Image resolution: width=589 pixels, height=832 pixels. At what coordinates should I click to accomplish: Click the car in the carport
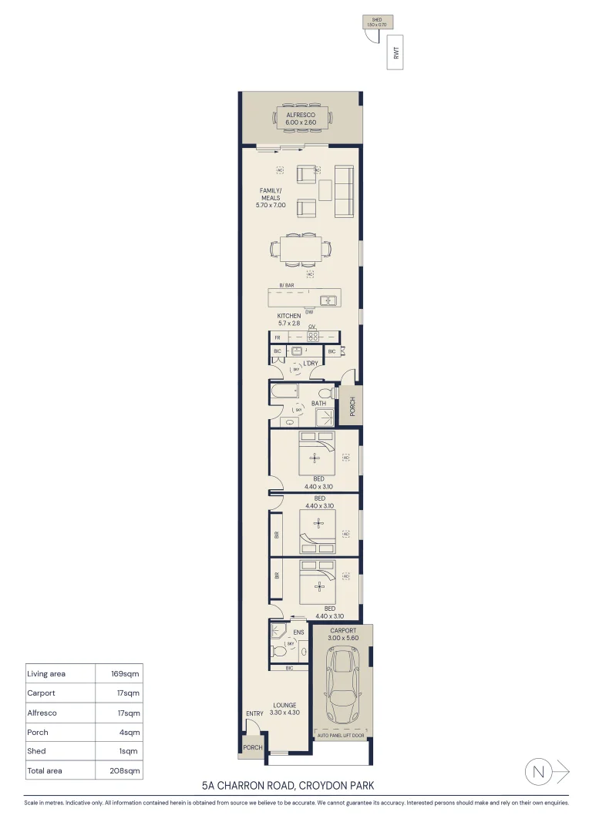click(343, 685)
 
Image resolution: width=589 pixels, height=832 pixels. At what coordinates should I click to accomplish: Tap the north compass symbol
click(540, 771)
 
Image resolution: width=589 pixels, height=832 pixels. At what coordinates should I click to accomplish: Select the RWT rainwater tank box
click(395, 52)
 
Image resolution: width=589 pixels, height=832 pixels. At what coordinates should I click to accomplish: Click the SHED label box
click(377, 22)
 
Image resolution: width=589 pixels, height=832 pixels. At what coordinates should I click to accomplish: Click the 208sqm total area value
click(122, 770)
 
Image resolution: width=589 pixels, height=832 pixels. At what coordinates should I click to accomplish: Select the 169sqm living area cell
click(122, 674)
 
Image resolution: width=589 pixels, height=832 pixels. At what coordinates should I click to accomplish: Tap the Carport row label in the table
click(41, 693)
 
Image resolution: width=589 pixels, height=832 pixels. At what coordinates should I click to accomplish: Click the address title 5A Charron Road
click(288, 786)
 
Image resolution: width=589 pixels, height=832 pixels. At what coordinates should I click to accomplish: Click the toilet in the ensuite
click(278, 652)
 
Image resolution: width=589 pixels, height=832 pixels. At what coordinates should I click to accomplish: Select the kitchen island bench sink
click(329, 300)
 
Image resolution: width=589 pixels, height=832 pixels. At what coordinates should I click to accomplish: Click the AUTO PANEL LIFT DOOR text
click(343, 736)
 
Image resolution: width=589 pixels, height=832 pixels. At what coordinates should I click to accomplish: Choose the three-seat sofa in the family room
click(343, 192)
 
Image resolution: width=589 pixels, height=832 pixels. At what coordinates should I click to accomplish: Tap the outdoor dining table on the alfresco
click(301, 119)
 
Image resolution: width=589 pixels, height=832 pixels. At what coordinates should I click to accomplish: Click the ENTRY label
click(254, 714)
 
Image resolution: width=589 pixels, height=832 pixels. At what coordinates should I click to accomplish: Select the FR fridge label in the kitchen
click(278, 337)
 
